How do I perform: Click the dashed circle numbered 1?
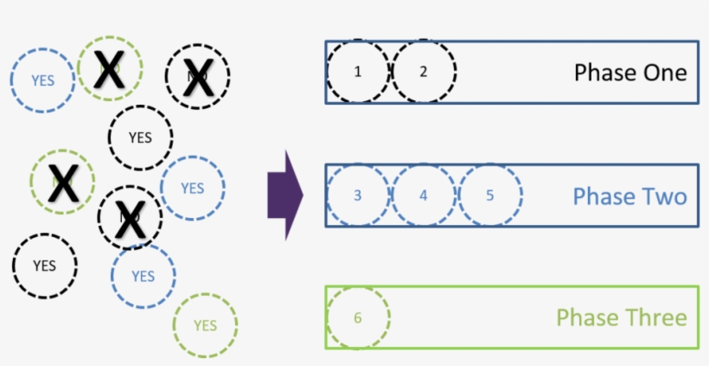(358, 72)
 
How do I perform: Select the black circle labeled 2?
(424, 72)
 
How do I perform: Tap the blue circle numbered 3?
(358, 195)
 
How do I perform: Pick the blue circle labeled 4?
(424, 195)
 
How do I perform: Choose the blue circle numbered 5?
(489, 195)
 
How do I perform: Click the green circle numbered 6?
(358, 318)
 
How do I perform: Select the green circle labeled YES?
(205, 325)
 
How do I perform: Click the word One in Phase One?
(662, 73)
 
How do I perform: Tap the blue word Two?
(662, 196)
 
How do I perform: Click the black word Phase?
(603, 73)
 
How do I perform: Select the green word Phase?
(585, 318)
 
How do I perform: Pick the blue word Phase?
(603, 196)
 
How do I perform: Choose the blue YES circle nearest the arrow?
(192, 188)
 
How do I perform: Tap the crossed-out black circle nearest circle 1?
(198, 76)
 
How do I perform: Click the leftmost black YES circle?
(44, 265)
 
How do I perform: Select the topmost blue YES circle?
(42, 80)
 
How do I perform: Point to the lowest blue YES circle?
(143, 276)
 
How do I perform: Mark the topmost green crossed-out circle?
(109, 68)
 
